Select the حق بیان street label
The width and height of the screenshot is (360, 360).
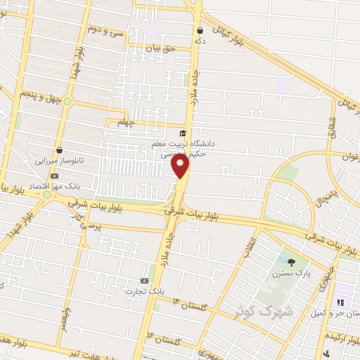[x=158, y=48]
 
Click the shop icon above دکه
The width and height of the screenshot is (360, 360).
[x=200, y=30]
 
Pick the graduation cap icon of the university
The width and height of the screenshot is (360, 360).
[x=183, y=132]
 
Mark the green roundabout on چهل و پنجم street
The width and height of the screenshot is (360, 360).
[x=67, y=101]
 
